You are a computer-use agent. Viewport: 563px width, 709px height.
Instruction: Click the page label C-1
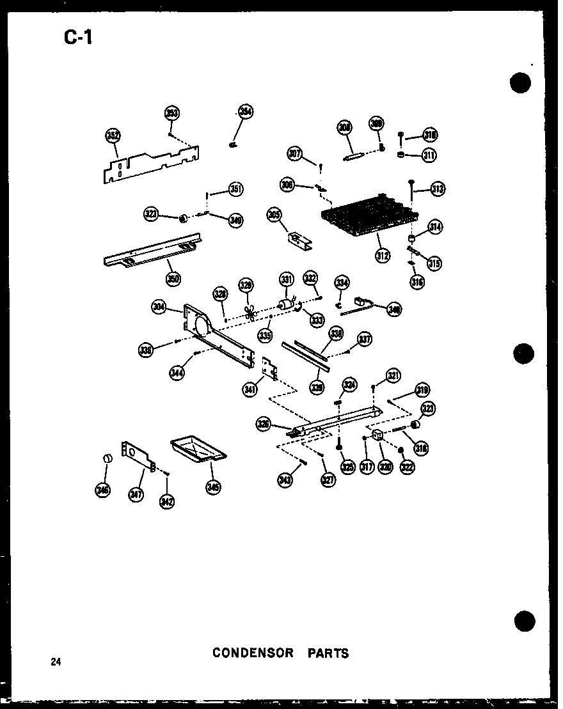pos(78,38)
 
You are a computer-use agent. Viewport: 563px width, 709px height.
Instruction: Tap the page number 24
pos(57,662)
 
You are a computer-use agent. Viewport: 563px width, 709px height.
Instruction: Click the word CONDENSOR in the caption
pos(253,653)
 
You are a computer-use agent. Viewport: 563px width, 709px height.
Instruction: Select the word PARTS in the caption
pos(328,653)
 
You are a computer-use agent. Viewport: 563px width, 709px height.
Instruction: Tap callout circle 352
pos(113,136)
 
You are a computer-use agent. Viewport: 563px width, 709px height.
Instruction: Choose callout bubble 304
pos(159,307)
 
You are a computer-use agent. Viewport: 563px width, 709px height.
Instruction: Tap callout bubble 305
pos(274,215)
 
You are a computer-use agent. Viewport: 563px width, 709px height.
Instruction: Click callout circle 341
pos(250,387)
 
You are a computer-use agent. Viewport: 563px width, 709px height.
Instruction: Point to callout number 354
pos(246,112)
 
